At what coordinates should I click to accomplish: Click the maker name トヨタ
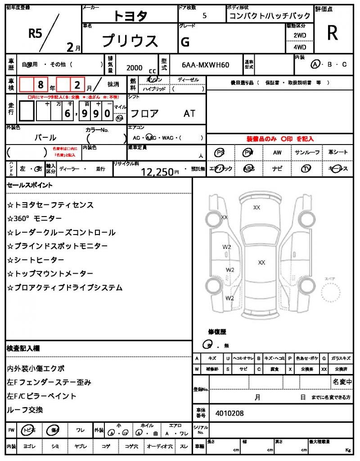[x=130, y=16]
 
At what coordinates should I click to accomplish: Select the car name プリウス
[x=130, y=41]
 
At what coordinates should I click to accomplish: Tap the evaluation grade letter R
[x=333, y=33]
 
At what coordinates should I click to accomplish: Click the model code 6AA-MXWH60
[x=206, y=65]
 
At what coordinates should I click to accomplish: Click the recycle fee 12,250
[x=157, y=172]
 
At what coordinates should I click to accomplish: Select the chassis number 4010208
[x=229, y=413]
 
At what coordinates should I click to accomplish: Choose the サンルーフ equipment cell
[x=307, y=153]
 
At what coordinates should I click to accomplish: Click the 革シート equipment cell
[x=338, y=153]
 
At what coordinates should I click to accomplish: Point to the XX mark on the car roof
[x=261, y=262]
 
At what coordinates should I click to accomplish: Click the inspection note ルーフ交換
[x=25, y=410]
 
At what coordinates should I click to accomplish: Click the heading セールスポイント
[x=30, y=185]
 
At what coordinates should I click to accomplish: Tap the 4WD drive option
[x=300, y=47]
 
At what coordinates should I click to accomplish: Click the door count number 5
[x=205, y=16]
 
